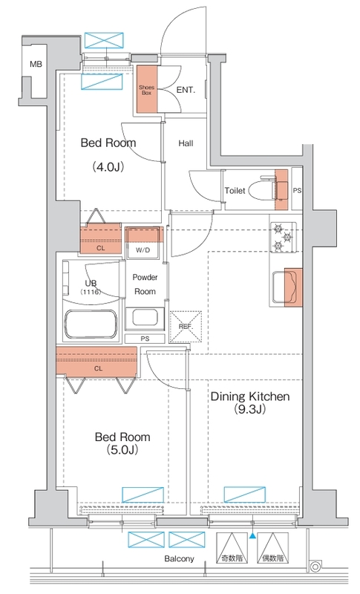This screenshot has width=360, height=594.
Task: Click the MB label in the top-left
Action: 36,65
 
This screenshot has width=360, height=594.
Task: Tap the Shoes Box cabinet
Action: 146,89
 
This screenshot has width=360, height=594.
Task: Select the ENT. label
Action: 186,90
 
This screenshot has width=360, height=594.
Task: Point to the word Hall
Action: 186,143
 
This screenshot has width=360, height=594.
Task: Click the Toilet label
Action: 235,191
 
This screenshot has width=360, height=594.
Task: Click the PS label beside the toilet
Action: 297,191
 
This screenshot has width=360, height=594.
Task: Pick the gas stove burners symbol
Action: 283,238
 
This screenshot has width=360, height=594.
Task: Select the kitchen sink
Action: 283,287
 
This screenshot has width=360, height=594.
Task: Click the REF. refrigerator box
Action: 186,327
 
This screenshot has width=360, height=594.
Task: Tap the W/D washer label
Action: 143,250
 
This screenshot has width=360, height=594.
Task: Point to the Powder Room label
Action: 145,284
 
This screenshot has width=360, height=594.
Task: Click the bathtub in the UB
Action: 91,324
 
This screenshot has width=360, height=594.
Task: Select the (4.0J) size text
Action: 108,166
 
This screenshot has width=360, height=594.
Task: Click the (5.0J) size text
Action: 122,450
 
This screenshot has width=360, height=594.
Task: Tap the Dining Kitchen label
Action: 250,396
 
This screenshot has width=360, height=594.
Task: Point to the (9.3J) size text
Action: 250,409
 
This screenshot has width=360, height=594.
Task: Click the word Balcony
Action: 179,559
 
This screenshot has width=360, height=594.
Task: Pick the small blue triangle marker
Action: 252,535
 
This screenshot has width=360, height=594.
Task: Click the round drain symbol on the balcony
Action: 315,567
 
